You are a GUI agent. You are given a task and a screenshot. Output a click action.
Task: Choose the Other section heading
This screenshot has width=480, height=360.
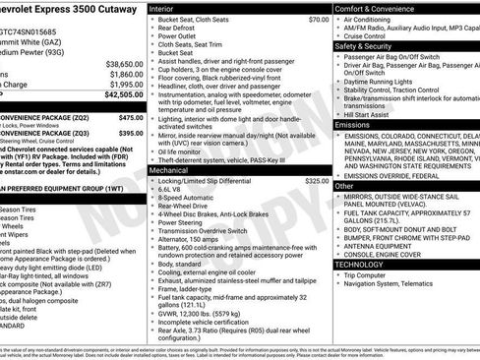[x=344, y=185]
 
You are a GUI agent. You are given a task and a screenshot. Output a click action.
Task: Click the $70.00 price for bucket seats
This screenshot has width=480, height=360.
[x=318, y=20]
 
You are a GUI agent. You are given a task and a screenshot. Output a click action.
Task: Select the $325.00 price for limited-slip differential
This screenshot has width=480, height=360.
[x=316, y=182]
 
